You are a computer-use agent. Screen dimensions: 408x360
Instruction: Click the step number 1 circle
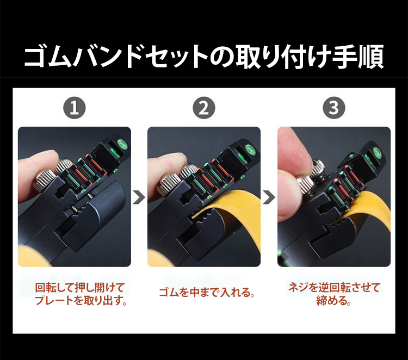[x=75, y=108]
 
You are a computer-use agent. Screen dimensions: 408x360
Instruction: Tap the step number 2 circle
[x=204, y=108]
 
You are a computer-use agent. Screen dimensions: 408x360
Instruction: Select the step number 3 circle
[x=334, y=108]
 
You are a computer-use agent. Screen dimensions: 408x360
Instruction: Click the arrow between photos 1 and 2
[x=139, y=198]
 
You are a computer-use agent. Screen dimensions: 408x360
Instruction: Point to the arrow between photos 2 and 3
[x=269, y=198]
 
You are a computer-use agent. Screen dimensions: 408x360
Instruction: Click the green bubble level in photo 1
[x=121, y=145]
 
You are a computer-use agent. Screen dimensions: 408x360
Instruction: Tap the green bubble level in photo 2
[x=251, y=149]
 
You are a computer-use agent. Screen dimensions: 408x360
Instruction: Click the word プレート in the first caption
[x=54, y=301]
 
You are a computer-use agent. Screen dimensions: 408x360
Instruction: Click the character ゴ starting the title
[x=36, y=57]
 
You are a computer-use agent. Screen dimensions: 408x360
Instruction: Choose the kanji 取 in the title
[x=248, y=57]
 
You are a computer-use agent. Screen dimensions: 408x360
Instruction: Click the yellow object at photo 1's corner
[x=31, y=256]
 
